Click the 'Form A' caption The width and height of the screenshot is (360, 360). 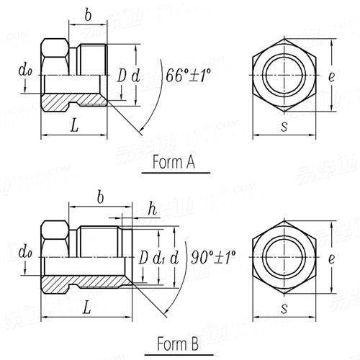[174, 163]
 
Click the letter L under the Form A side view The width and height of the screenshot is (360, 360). [74, 125]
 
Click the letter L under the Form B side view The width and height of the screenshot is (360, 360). [86, 307]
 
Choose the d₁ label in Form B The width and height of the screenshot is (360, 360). [161, 257]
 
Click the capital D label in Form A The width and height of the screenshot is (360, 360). [122, 75]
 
